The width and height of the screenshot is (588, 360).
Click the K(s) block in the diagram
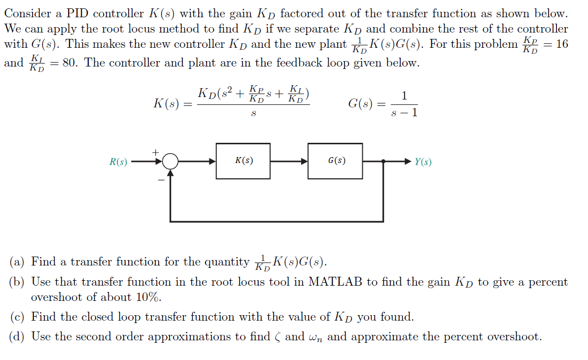243,161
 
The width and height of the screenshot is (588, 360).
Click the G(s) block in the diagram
335,161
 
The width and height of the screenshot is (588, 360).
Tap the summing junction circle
171,161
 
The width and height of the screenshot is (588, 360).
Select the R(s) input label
118,162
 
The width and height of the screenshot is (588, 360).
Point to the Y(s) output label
423,162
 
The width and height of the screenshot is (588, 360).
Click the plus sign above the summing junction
156,152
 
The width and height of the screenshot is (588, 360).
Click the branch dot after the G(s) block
383,161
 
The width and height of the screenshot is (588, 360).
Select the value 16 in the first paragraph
561,44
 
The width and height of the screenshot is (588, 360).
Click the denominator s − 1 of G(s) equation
404,113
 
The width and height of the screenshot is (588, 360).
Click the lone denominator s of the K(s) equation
253,113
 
